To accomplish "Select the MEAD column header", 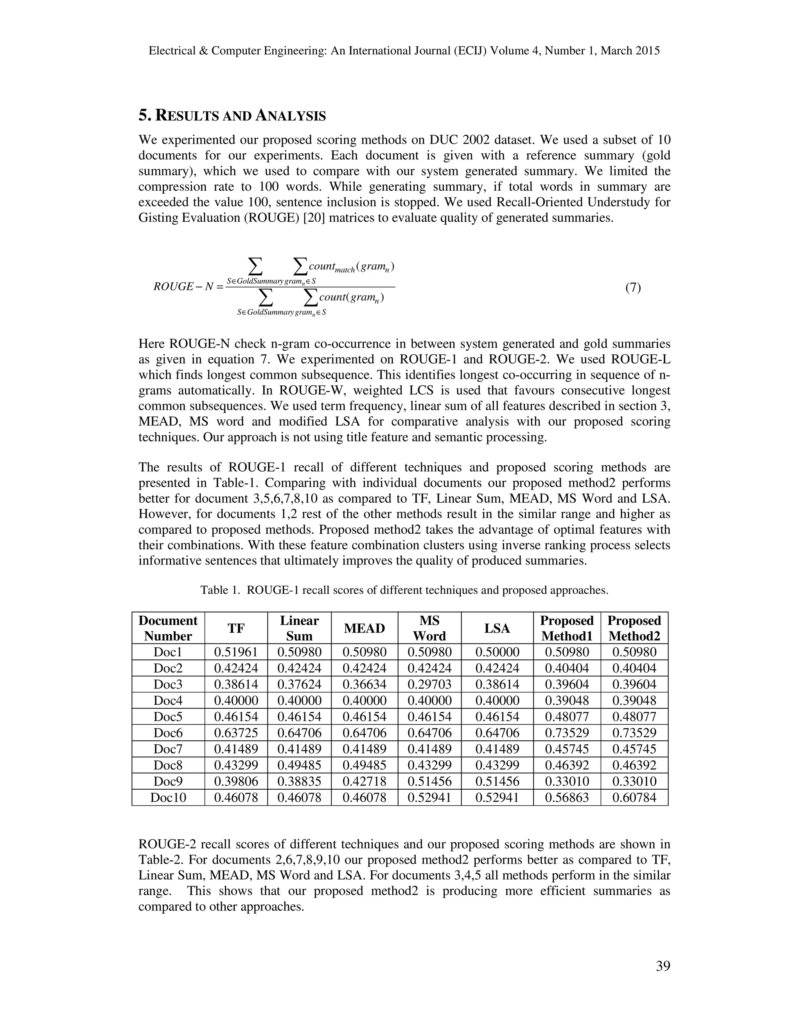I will (x=364, y=628).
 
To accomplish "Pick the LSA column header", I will (x=497, y=628).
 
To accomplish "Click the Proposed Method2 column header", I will (x=634, y=628).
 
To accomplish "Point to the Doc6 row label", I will (x=168, y=733).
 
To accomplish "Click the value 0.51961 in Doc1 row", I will (x=236, y=652).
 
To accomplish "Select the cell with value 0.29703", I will (x=429, y=685).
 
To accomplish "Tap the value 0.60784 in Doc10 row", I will (x=634, y=798).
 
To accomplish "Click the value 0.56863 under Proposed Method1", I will (x=567, y=798).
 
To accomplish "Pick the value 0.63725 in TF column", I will (x=236, y=733).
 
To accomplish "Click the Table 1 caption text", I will (x=404, y=590).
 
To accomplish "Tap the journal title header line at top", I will (x=404, y=51).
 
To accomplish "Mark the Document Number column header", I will (x=168, y=628).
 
